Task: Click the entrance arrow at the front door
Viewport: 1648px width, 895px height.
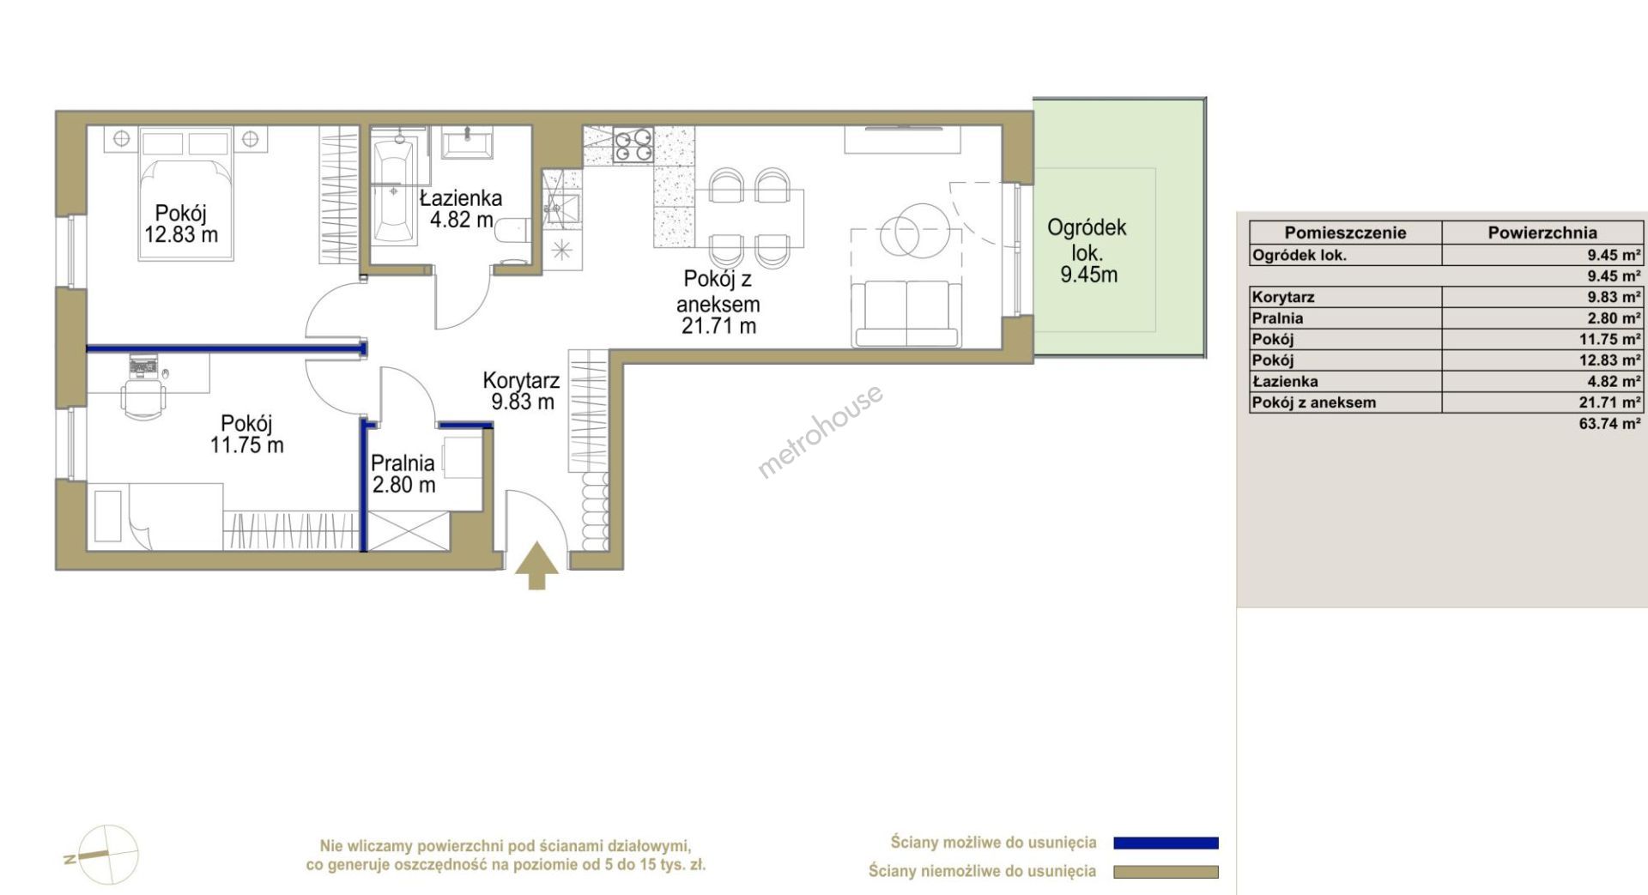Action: pos(536,565)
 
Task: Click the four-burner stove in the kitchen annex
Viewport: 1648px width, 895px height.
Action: pos(633,145)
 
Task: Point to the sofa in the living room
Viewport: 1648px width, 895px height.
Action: pos(905,313)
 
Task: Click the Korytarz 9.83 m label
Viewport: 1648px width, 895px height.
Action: pos(522,390)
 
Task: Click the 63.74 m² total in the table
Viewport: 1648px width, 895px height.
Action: pos(1609,423)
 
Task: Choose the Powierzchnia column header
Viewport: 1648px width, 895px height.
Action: pos(1542,233)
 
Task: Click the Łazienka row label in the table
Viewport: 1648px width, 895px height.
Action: pos(1286,381)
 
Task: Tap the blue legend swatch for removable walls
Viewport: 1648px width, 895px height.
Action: pos(1166,843)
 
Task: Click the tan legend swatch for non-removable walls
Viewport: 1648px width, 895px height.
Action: pos(1166,872)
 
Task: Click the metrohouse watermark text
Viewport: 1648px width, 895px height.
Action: pos(820,431)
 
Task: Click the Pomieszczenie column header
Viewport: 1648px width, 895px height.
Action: pos(1345,233)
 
